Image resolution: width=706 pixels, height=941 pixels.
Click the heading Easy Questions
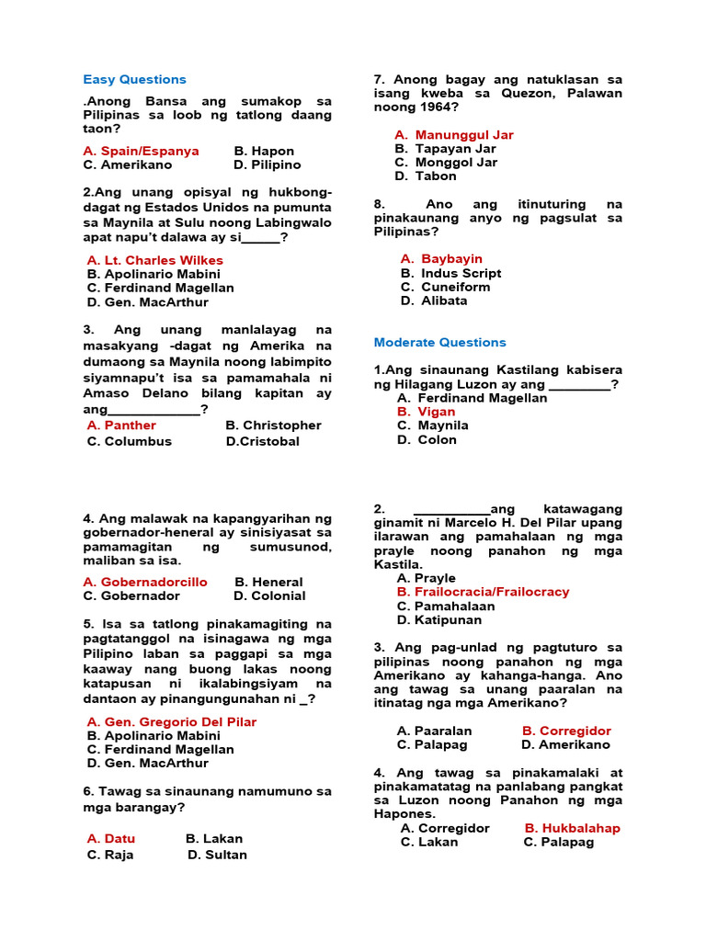134,80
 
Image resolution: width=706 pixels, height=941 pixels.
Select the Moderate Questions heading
439,343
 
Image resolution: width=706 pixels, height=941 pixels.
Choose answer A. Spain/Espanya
141,152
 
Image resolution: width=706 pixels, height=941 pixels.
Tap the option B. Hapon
264,152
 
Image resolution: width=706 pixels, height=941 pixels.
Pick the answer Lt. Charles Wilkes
154,261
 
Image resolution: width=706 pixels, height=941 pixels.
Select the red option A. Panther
121,425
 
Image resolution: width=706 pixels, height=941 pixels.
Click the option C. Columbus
129,442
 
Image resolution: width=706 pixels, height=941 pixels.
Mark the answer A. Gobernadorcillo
145,583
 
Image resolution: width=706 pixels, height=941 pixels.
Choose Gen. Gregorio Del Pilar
171,722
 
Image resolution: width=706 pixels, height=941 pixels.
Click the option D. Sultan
217,856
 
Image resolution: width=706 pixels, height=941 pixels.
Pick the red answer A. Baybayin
441,259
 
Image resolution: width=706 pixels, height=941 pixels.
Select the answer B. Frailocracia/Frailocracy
483,593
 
